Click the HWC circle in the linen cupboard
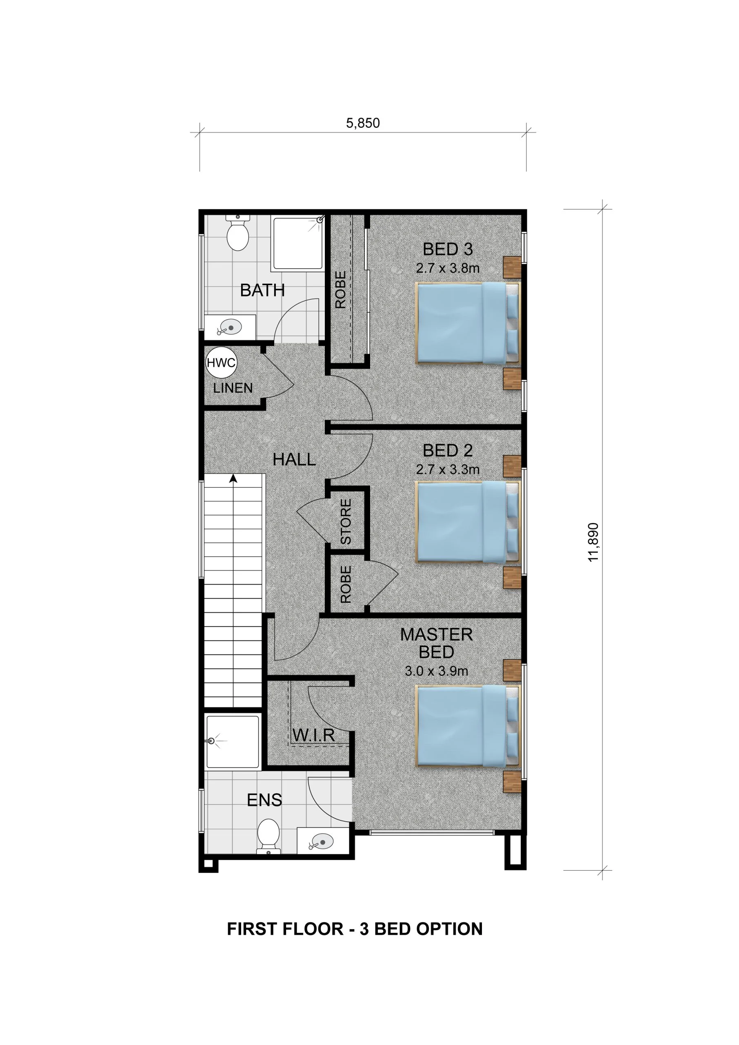tap(221, 362)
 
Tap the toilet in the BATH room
tap(237, 234)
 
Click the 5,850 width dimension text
tap(363, 123)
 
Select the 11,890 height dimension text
tap(593, 542)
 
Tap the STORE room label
tap(346, 522)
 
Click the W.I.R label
tap(313, 735)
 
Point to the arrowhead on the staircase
tap(233, 478)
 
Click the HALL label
tap(294, 459)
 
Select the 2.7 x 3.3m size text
tap(447, 469)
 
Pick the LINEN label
tap(233, 388)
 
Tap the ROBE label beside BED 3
tap(340, 290)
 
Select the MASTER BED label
tap(436, 643)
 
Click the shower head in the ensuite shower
tap(212, 741)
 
